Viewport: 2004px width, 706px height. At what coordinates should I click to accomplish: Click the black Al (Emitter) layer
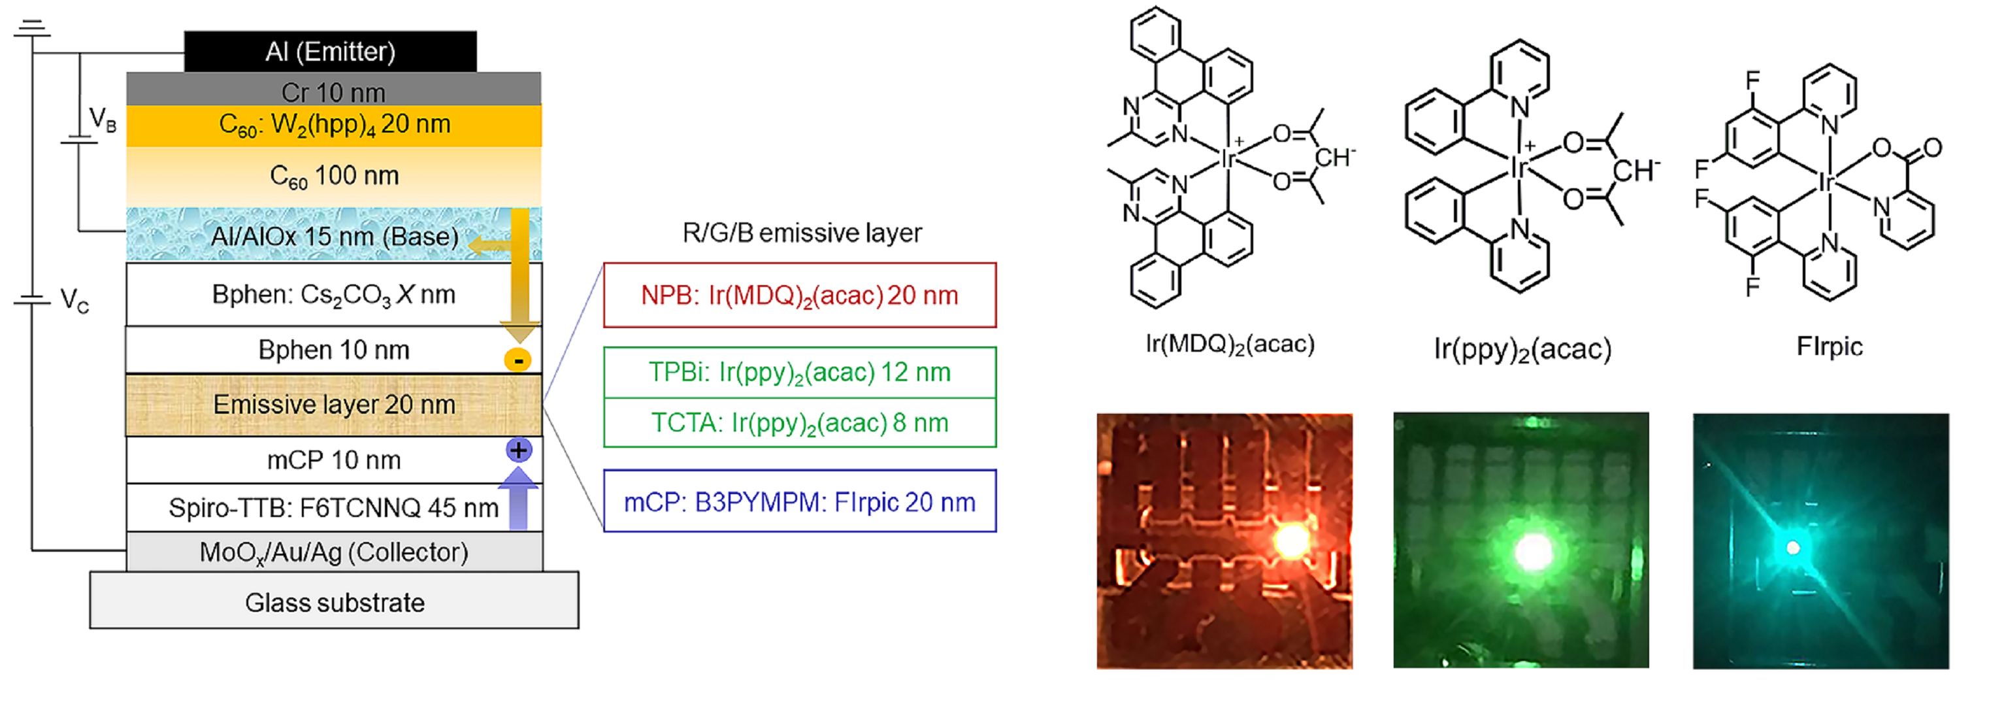click(x=330, y=52)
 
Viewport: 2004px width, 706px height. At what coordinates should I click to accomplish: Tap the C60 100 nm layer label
click(x=334, y=176)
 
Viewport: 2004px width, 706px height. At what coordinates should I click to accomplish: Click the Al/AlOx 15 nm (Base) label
click(x=335, y=236)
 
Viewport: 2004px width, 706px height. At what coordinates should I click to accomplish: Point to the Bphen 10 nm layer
click(x=334, y=350)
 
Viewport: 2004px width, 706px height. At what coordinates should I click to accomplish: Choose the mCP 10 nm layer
click(x=334, y=460)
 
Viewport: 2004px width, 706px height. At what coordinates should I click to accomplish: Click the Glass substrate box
click(x=335, y=601)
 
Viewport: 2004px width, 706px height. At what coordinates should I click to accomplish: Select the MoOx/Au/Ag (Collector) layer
click(x=334, y=552)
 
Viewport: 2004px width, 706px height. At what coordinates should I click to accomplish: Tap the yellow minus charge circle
click(x=517, y=360)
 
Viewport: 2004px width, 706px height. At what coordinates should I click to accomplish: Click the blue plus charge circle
click(x=518, y=450)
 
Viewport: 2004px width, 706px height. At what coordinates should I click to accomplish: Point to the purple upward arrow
click(x=518, y=498)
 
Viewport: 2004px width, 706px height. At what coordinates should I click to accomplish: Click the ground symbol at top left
click(x=32, y=29)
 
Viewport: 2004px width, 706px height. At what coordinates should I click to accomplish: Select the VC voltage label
click(x=74, y=299)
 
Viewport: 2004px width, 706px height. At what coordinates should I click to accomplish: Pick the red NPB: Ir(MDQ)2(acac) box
click(x=799, y=295)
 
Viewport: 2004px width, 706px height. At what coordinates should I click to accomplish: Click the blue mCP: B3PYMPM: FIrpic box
click(x=799, y=502)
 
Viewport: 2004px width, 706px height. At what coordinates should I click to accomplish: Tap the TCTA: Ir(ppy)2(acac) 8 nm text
click(x=799, y=423)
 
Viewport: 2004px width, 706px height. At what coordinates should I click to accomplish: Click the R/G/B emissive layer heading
click(x=801, y=233)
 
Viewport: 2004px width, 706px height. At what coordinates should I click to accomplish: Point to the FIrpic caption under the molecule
click(x=1829, y=346)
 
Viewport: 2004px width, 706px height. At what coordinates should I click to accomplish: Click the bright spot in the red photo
click(x=1290, y=539)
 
